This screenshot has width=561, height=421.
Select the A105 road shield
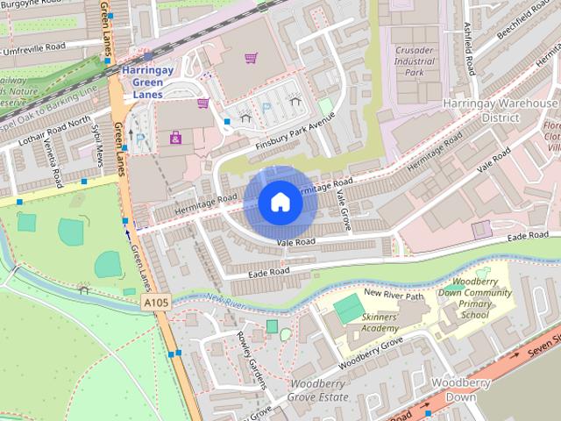pyautogui.click(x=154, y=303)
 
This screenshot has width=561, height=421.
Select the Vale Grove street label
pyautogui.click(x=345, y=210)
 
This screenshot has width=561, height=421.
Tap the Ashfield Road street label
pyautogui.click(x=470, y=48)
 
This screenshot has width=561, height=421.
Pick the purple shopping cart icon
pyautogui.click(x=252, y=58)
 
